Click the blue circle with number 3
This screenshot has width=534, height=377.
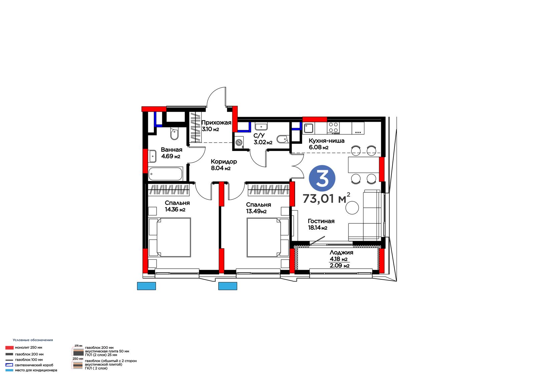(x=322, y=178)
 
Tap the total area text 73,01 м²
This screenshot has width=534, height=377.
(x=326, y=198)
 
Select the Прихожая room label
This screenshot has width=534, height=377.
(x=216, y=123)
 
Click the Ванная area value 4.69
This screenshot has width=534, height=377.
(x=171, y=156)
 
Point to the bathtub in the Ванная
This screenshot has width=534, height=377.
(x=166, y=174)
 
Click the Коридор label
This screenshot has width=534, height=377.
(x=224, y=162)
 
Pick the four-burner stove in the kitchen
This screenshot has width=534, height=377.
(x=333, y=127)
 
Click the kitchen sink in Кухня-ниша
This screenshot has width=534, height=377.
(x=309, y=128)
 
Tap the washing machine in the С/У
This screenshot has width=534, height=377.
(x=239, y=142)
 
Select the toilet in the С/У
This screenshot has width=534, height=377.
(x=283, y=139)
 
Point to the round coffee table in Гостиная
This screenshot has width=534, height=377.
(x=352, y=208)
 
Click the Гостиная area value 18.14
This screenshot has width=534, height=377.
(x=317, y=228)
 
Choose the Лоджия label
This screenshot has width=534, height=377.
(x=341, y=252)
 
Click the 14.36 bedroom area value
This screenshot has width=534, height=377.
(x=175, y=210)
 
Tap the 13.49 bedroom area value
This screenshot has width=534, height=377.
(x=256, y=211)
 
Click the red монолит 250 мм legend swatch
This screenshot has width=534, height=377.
(x=9, y=348)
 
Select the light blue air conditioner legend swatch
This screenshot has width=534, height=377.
(x=9, y=370)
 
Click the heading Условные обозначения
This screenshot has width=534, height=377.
(x=33, y=340)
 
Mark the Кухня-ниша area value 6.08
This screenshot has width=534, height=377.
(x=319, y=147)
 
